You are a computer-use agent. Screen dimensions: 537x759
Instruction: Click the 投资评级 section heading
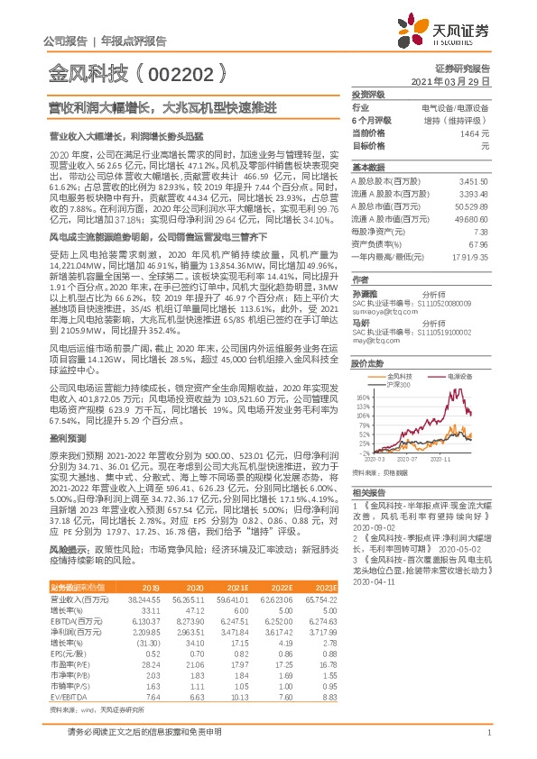tap(367, 94)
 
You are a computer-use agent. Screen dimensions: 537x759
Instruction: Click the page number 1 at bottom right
tap(487, 733)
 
